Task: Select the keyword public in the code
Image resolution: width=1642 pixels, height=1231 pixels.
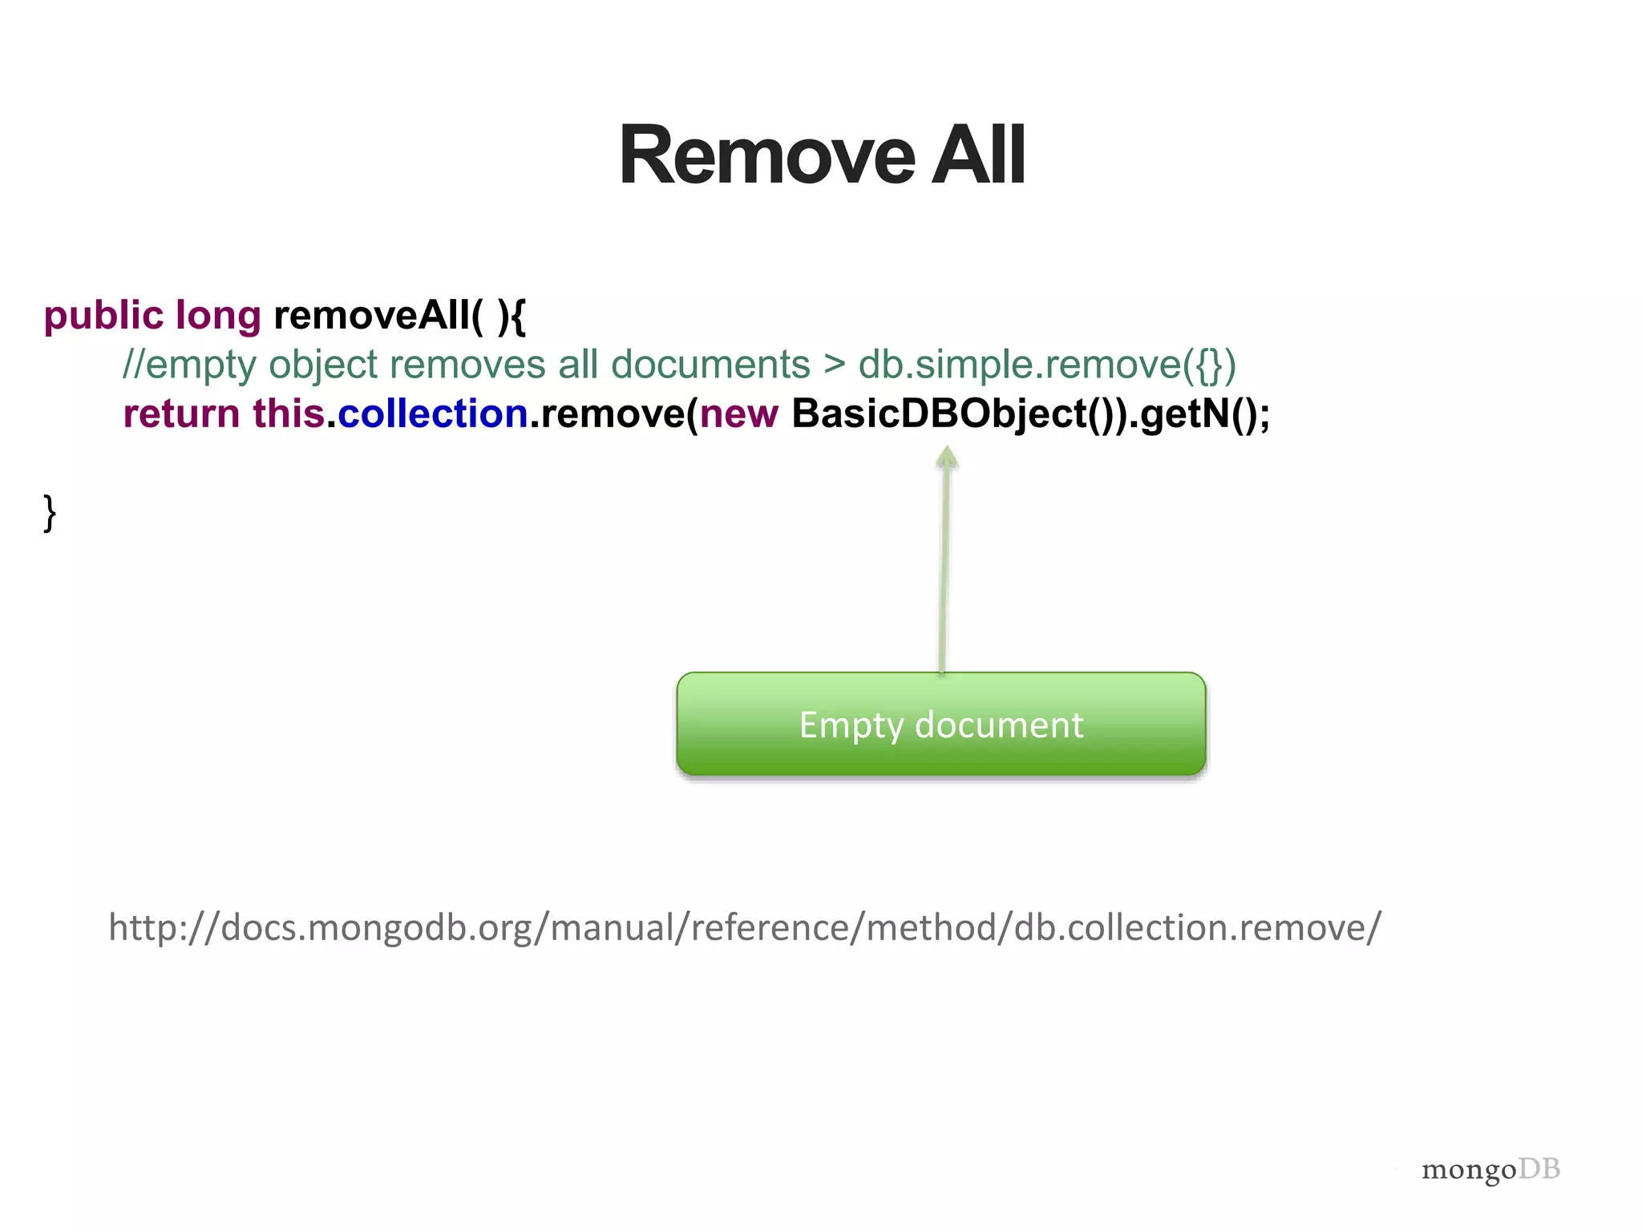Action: tap(103, 316)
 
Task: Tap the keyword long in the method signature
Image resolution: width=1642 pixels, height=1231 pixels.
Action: tap(218, 316)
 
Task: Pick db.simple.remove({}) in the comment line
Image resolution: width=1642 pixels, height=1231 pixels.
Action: tap(1047, 365)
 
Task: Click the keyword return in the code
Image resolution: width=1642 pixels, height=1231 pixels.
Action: tap(181, 414)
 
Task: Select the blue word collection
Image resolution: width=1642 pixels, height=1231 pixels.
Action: tap(433, 414)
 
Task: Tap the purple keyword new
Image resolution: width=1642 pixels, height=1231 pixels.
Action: tap(738, 414)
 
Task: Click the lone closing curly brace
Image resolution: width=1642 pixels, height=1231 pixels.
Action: tap(50, 513)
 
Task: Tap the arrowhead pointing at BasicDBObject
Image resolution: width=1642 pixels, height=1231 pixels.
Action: tap(947, 457)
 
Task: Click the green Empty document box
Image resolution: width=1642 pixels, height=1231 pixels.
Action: tap(941, 724)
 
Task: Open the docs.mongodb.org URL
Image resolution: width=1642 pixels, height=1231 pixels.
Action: tap(745, 927)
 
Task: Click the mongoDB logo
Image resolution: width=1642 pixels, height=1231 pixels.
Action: tap(1490, 1170)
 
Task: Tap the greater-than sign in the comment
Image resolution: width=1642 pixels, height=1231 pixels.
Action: tap(835, 365)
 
